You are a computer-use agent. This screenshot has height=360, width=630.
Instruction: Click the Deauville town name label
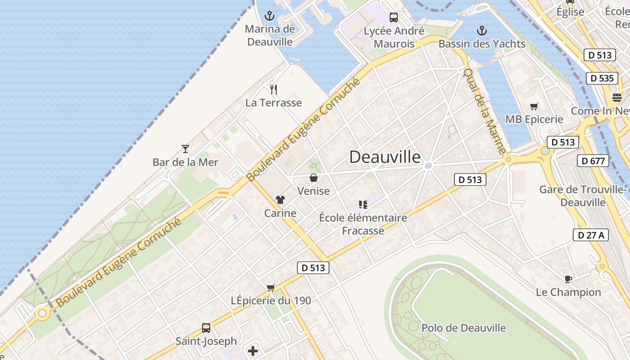point(385,157)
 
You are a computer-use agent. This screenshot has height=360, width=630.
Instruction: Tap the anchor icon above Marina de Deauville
point(269,16)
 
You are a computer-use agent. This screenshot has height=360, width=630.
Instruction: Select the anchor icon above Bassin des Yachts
point(482,31)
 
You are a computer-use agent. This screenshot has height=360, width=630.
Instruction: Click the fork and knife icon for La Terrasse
point(273,89)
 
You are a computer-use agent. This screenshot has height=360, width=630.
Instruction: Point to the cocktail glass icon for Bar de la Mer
point(185,148)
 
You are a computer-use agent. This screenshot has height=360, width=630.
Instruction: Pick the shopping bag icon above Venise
point(314,178)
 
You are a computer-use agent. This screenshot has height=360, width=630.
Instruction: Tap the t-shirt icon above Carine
point(280,200)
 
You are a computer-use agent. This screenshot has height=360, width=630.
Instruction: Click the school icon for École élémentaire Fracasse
point(363,205)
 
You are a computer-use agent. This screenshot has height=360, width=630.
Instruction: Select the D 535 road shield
point(602,78)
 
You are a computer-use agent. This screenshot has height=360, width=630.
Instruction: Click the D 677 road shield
point(593,161)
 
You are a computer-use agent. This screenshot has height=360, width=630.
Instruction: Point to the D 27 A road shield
point(590,234)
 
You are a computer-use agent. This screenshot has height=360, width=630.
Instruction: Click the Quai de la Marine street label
point(485,111)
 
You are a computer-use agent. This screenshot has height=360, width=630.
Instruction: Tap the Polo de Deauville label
point(463,328)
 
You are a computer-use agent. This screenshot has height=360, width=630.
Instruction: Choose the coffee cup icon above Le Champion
point(568,279)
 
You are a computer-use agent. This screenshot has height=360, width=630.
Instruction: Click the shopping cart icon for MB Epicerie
point(534,106)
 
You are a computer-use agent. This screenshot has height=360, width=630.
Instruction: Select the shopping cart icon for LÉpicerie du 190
point(270,287)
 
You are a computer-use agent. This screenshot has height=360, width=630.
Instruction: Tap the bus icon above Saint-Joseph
point(206,328)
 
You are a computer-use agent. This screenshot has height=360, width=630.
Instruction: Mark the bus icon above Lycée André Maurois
point(394,18)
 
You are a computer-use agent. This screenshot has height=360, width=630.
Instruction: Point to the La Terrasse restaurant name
point(274,103)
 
